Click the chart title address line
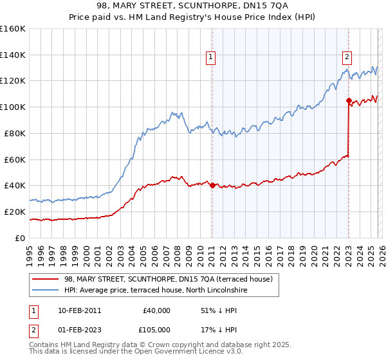192,6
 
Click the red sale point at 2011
212,185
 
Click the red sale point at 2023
348,100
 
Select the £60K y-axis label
15,159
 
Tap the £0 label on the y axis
19,238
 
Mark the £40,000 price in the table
156,310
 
